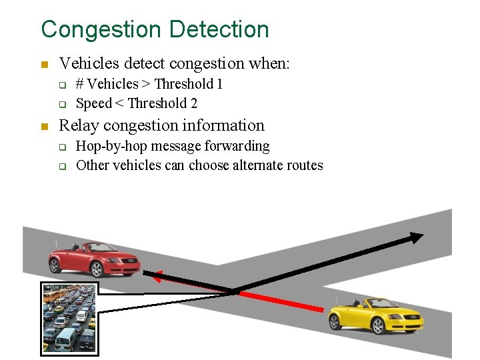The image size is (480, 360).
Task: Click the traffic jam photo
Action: (69, 317)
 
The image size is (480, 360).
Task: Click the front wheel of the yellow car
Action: (413, 325)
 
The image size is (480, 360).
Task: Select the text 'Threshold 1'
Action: (189, 84)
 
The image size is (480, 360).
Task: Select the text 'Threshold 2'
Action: (163, 103)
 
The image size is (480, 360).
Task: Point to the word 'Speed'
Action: (94, 103)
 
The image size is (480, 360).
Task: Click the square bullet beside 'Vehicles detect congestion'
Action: (44, 65)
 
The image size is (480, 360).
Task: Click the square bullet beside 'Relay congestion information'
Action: (44, 126)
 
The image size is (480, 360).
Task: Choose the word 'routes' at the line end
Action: (303, 165)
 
